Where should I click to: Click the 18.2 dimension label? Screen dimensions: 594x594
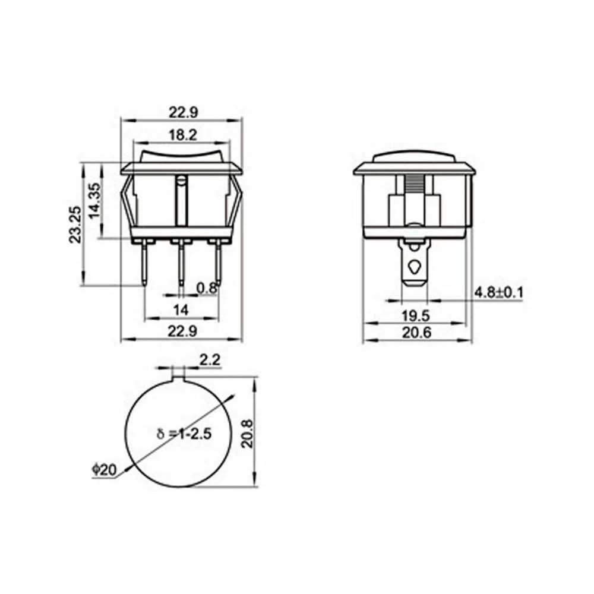pos(182,135)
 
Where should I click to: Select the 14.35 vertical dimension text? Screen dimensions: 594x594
pos(94,200)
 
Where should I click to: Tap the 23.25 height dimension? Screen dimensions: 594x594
pos(75,225)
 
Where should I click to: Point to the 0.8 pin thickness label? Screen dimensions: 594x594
pos(207,288)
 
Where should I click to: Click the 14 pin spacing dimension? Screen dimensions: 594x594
pos(181,310)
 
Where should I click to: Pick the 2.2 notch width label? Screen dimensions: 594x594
pos(210,360)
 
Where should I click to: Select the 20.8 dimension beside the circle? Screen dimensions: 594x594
pos(248,434)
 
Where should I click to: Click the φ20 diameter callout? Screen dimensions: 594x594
pos(104,470)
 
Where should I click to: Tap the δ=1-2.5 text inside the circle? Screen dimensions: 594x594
pos(184,434)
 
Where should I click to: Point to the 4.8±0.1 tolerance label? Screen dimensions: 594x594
pos(498,292)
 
